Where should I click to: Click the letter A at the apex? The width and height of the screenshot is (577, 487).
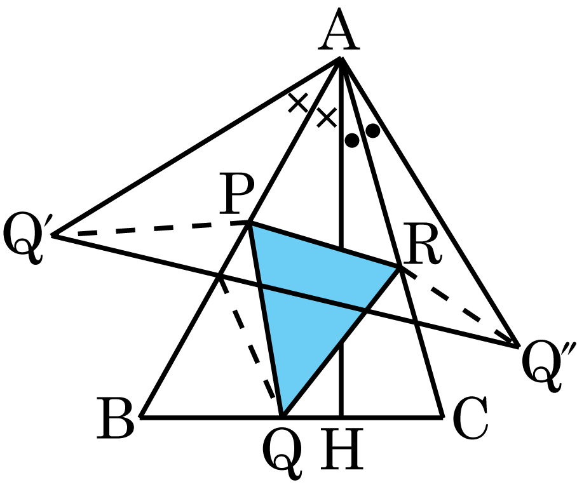[339, 30]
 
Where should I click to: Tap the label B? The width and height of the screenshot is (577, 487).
[115, 418]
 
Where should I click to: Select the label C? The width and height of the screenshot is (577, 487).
[471, 418]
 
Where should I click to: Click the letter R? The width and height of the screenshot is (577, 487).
[422, 244]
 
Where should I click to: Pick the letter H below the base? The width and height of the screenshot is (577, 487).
[342, 449]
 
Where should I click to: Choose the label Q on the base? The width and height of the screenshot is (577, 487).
[282, 453]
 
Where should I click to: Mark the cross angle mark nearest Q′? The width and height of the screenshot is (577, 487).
[297, 103]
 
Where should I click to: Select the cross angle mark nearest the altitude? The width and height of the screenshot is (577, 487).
[327, 117]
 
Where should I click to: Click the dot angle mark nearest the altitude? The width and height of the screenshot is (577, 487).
[352, 140]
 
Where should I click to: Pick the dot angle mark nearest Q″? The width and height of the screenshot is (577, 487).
[373, 131]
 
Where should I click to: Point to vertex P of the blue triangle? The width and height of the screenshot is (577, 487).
[250, 223]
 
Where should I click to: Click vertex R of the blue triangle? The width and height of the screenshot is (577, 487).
[400, 267]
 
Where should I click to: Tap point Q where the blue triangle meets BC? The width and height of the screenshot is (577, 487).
[282, 417]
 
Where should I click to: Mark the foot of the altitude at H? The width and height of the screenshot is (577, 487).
[341, 417]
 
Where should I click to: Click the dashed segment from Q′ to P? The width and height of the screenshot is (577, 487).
[151, 229]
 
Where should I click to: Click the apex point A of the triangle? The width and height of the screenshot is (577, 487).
[341, 58]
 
